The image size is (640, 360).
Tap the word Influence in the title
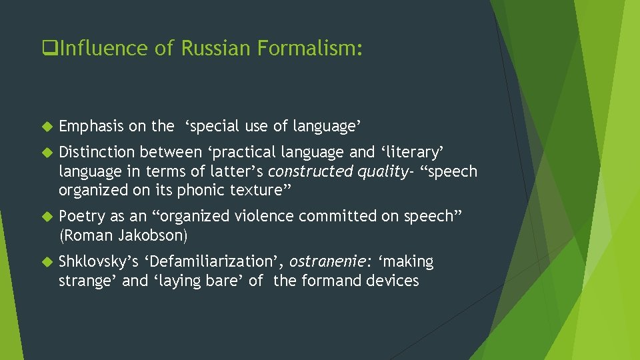click(x=99, y=49)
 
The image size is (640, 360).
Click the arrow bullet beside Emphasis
click(x=46, y=126)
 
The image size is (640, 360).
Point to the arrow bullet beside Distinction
click(x=46, y=153)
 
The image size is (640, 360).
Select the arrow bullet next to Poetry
click(x=46, y=217)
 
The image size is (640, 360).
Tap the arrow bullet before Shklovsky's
click(x=46, y=262)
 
